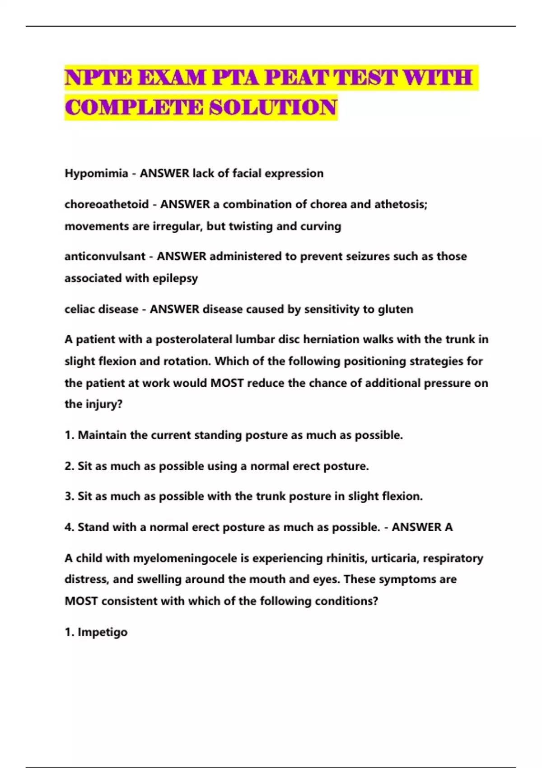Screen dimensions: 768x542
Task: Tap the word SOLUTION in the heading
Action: click(273, 108)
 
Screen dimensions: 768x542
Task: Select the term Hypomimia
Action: click(96, 173)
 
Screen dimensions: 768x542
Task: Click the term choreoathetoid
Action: click(107, 205)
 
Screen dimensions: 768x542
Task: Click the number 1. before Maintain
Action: click(69, 436)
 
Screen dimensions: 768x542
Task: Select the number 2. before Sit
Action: click(69, 466)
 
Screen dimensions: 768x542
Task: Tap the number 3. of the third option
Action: click(69, 496)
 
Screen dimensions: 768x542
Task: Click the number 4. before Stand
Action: click(69, 527)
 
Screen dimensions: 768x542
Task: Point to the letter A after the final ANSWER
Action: click(449, 527)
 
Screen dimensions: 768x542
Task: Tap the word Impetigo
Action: click(103, 632)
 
